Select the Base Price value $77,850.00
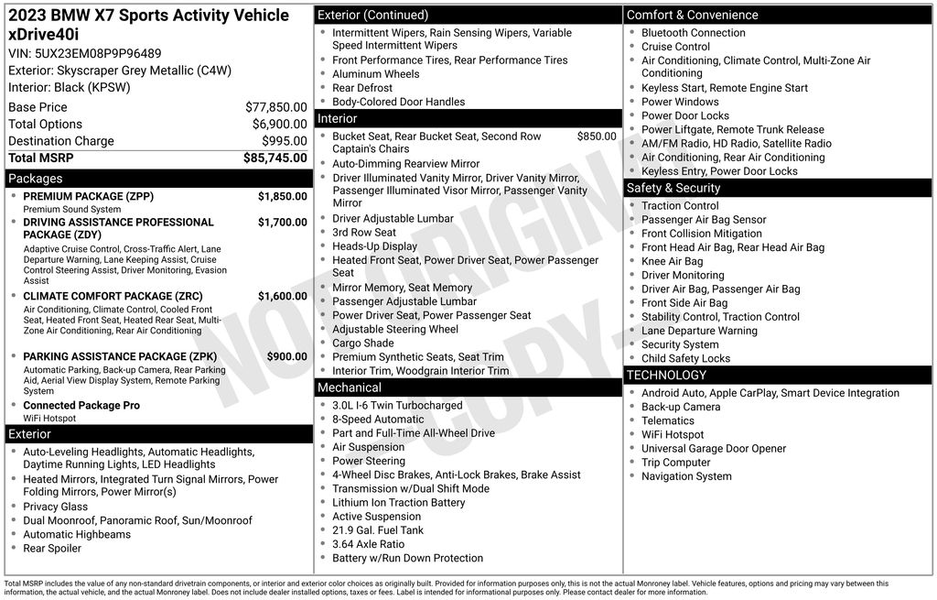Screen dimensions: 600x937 (275, 107)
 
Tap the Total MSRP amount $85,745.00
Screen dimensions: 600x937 (275, 158)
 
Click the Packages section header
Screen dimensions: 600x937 (36, 179)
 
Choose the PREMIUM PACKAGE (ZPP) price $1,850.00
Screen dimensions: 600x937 (282, 196)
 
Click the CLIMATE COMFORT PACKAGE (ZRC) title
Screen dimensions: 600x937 (113, 296)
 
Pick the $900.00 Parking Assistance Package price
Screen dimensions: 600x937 (286, 356)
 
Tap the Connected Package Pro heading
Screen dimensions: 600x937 (81, 405)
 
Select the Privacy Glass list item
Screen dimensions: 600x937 (56, 507)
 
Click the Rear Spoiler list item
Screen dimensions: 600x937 (52, 549)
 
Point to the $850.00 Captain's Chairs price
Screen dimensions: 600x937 (596, 136)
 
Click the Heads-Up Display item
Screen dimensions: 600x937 (374, 246)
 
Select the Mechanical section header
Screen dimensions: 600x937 (350, 387)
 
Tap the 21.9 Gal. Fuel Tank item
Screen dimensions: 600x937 (378, 530)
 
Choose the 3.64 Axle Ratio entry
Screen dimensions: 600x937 (368, 544)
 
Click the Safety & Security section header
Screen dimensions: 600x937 (673, 188)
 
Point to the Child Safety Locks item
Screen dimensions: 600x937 (685, 358)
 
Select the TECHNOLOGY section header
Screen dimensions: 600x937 (666, 375)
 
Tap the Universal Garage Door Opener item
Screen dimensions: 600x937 (714, 449)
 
